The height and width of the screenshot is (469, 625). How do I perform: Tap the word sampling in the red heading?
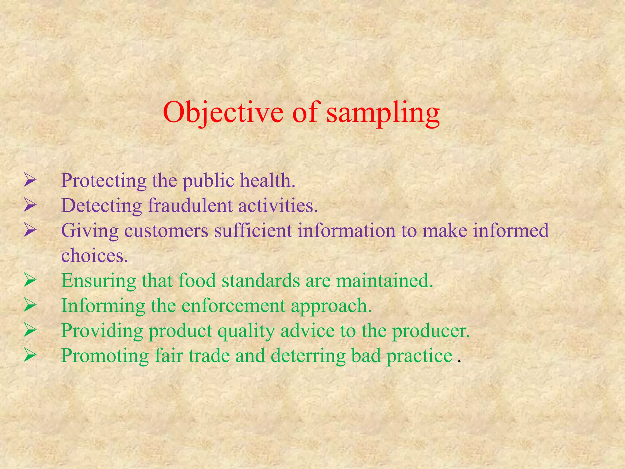(x=383, y=113)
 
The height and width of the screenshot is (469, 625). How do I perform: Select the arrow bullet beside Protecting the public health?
(x=30, y=180)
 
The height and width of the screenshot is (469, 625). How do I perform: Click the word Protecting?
(x=104, y=181)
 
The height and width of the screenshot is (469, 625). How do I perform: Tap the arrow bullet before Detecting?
(x=30, y=205)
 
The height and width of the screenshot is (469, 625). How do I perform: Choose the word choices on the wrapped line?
(x=94, y=256)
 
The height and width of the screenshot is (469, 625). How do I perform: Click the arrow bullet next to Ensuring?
(x=30, y=280)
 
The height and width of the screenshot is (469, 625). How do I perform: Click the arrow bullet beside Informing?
(x=30, y=305)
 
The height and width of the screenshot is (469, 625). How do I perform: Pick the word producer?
(x=431, y=331)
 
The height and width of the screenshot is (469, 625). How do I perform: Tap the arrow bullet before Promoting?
(x=30, y=355)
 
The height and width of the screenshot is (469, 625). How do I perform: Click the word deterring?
(x=308, y=356)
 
